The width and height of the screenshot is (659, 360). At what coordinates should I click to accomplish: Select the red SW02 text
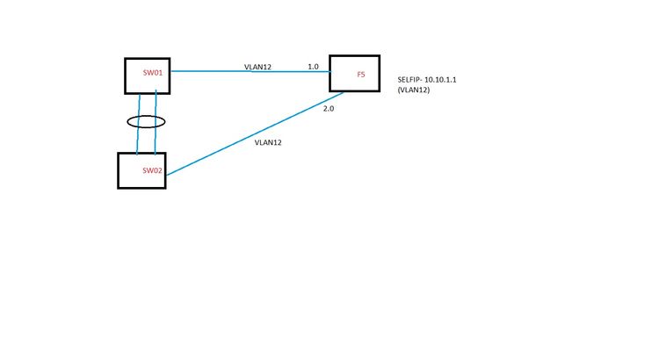pos(153,169)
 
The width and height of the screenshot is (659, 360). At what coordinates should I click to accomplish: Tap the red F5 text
pos(360,76)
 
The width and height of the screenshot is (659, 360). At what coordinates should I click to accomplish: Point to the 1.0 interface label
pos(313,67)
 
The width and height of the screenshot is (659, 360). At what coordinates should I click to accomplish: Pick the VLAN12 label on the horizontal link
pos(257,67)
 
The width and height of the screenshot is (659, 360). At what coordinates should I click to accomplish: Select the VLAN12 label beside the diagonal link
pos(268,141)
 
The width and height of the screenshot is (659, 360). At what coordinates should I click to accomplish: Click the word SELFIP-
pos(413,80)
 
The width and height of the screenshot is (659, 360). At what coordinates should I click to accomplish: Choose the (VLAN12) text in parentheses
pos(413,90)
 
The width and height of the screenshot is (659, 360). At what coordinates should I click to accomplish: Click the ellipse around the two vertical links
pos(147,122)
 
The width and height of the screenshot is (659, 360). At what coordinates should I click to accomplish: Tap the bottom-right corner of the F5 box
pos(380,90)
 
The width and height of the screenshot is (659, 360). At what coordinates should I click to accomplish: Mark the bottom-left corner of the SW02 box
pos(119,188)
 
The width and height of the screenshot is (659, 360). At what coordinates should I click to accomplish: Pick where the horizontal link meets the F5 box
pos(330,72)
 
